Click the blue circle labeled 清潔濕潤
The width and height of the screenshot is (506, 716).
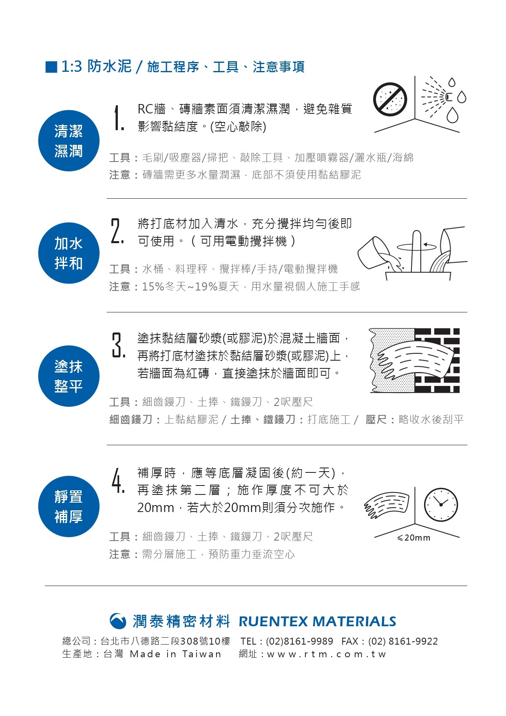pyautogui.click(x=68, y=141)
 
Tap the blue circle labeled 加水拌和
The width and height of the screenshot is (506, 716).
pyautogui.click(x=68, y=253)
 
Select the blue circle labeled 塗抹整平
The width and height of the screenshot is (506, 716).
pyautogui.click(x=68, y=376)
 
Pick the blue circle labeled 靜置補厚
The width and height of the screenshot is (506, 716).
pyautogui.click(x=68, y=506)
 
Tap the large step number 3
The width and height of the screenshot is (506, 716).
pyautogui.click(x=118, y=345)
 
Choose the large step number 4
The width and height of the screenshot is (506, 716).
pyautogui.click(x=118, y=480)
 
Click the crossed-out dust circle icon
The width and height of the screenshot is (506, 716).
pyautogui.click(x=390, y=99)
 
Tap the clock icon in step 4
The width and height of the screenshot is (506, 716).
pyautogui.click(x=441, y=505)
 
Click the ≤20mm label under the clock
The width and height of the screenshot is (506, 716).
pyautogui.click(x=413, y=538)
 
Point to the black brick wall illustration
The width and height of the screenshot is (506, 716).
pyautogui.click(x=437, y=360)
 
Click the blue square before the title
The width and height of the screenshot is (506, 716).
pyautogui.click(x=51, y=67)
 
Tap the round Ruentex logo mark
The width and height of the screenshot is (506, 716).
pyautogui.click(x=118, y=621)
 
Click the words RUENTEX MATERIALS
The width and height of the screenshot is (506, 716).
pyautogui.click(x=317, y=621)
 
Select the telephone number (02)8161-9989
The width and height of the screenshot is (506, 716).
pyautogui.click(x=299, y=641)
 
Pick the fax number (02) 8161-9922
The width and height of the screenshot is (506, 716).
pyautogui.click(x=403, y=641)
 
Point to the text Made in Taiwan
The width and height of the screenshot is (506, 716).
pyautogui.click(x=175, y=654)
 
